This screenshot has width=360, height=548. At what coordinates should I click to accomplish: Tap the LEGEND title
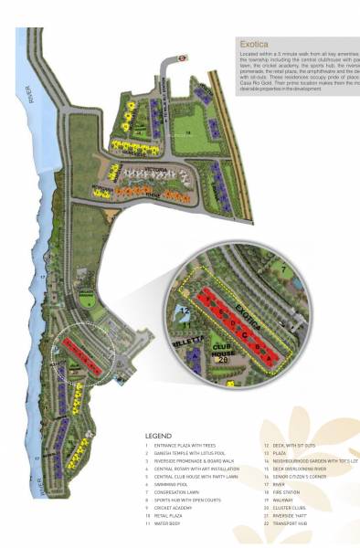tap(158, 436)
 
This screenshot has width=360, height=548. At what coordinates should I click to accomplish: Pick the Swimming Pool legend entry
tap(169, 483)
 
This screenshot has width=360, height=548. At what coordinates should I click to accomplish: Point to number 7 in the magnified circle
tap(286, 270)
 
